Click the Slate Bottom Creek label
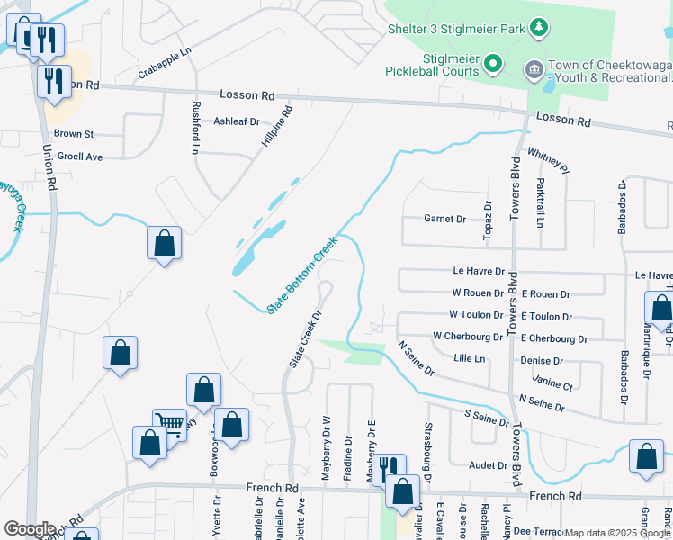(x=302, y=275)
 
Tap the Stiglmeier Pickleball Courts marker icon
(x=492, y=64)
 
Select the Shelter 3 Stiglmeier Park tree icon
(x=539, y=29)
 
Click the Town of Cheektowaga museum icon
(x=533, y=68)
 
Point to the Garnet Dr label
(x=444, y=219)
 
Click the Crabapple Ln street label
(x=166, y=66)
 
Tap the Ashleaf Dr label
(x=236, y=121)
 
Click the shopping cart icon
(x=169, y=424)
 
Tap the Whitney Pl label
(x=548, y=162)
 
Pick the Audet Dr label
(x=489, y=465)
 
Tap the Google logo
(x=30, y=529)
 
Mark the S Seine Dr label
(x=486, y=418)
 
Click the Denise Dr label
(x=542, y=361)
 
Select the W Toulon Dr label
(x=477, y=315)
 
